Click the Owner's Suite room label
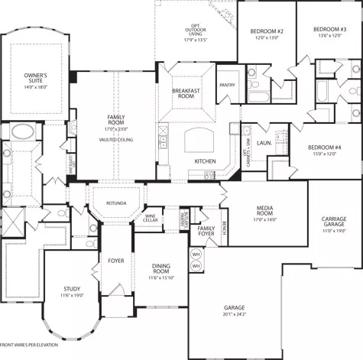tap(36, 77)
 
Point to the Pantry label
tap(226, 86)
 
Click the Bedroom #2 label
tap(267, 31)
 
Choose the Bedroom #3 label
tap(329, 30)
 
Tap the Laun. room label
tap(264, 143)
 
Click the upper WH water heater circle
tap(196, 254)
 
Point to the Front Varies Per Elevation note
tap(30, 346)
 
